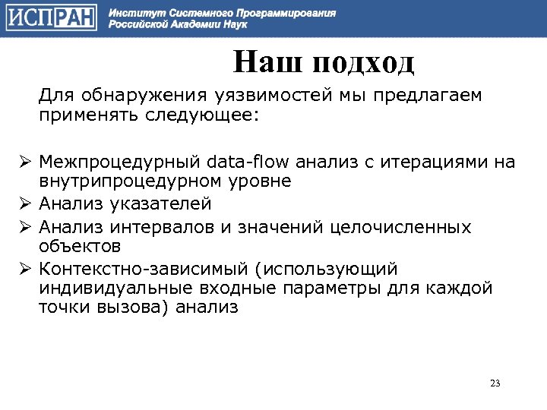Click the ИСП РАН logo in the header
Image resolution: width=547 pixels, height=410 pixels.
click(x=51, y=18)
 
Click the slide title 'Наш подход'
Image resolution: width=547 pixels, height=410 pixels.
click(x=324, y=61)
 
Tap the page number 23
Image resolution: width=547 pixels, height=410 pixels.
click(x=495, y=383)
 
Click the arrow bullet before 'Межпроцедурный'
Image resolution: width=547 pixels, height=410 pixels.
click(x=25, y=162)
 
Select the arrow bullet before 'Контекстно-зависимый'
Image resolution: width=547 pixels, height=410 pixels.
click(x=25, y=270)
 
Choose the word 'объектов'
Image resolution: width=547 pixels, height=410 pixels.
click(x=80, y=247)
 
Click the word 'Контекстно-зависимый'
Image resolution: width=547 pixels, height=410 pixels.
click(x=141, y=270)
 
